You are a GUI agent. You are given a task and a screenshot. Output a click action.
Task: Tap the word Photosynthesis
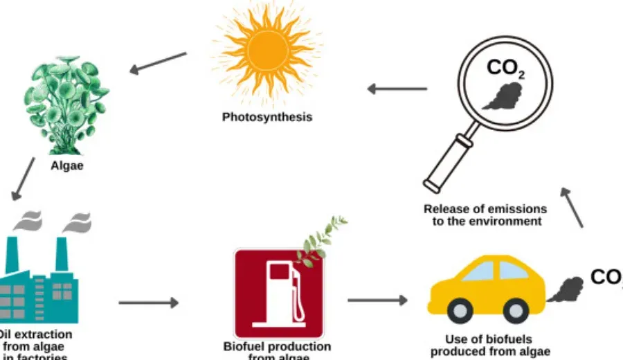(267, 117)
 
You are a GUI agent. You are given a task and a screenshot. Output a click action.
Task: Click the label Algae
(67, 166)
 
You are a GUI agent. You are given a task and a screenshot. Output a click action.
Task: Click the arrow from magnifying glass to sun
(397, 89)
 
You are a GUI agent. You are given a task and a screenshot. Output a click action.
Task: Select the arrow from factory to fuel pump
(148, 303)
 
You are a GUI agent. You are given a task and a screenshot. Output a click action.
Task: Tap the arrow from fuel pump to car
(377, 300)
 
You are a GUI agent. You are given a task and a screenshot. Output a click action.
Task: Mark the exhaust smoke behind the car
(563, 290)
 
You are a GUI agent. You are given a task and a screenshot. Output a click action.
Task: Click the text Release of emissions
(485, 208)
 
